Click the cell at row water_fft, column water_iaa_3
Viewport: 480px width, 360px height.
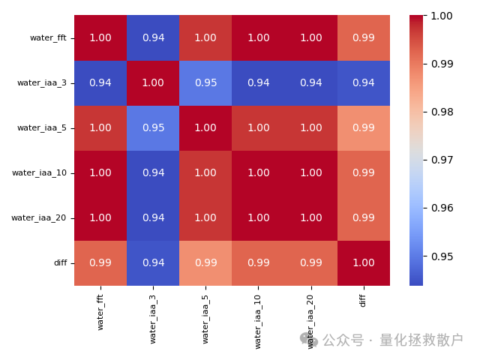tap(153, 37)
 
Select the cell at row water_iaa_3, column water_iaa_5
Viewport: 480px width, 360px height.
tap(205, 82)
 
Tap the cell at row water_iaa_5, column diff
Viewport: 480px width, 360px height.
tap(364, 127)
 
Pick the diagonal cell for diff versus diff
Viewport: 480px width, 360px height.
tap(364, 262)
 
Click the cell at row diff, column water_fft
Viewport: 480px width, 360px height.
tap(100, 262)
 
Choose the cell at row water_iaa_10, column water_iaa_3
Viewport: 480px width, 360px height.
tap(153, 172)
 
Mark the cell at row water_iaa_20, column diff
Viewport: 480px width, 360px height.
tap(364, 217)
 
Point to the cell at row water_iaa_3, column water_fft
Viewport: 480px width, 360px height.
tap(100, 82)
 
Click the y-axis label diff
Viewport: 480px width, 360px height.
tap(60, 262)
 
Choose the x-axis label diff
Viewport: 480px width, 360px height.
tap(364, 300)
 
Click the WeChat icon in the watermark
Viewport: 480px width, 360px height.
tap(309, 340)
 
